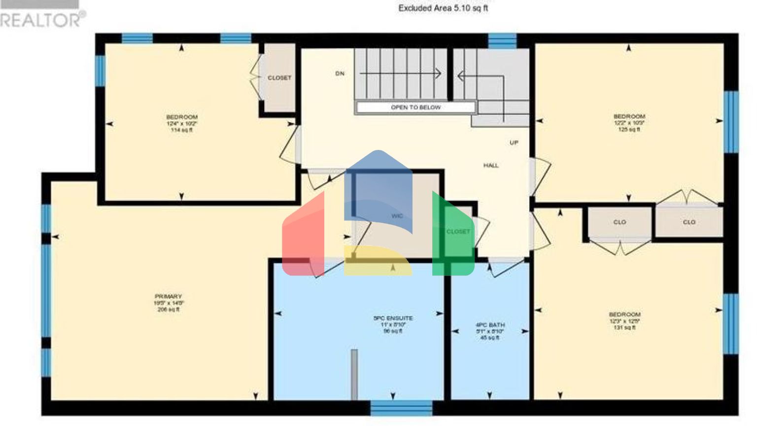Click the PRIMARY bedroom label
click(x=169, y=297)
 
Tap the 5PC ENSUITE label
click(x=393, y=319)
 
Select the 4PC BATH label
click(x=490, y=325)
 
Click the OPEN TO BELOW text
click(x=415, y=107)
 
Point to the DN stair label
click(x=340, y=73)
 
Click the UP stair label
click(x=514, y=143)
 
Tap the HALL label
click(x=491, y=166)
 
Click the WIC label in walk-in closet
click(x=397, y=216)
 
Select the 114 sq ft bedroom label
click(x=181, y=123)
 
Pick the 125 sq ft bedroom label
click(x=629, y=123)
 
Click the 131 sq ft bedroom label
click(x=624, y=320)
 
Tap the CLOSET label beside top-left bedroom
click(x=279, y=78)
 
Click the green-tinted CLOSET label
click(x=458, y=232)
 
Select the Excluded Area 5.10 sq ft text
click(x=443, y=8)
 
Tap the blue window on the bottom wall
click(x=401, y=408)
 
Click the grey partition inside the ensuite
click(x=354, y=374)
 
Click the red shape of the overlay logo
click(x=302, y=237)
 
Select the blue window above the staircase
click(x=502, y=41)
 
